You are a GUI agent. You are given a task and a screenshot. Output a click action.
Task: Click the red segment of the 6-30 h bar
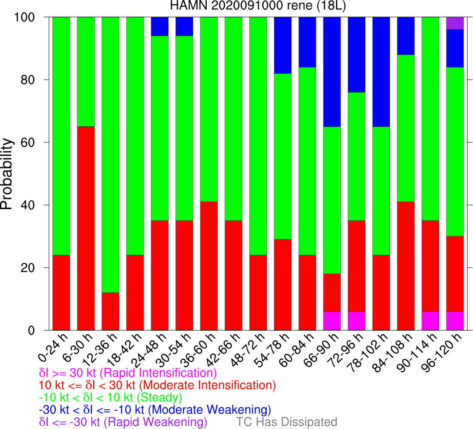pyautogui.click(x=86, y=228)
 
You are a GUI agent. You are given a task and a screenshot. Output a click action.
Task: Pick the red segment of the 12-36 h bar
pyautogui.click(x=111, y=311)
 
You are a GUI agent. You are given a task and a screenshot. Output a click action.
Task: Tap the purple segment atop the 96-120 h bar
pyautogui.click(x=455, y=23)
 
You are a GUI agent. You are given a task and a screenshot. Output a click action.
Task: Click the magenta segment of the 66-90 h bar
pyautogui.click(x=332, y=321)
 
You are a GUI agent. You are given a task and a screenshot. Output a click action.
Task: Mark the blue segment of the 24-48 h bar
pyautogui.click(x=160, y=26)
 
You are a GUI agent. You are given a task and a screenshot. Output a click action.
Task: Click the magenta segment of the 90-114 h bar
pyautogui.click(x=430, y=321)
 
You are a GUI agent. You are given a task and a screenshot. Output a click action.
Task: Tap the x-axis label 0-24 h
pyautogui.click(x=55, y=349)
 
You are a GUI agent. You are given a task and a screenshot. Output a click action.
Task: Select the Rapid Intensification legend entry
pyautogui.click(x=128, y=373)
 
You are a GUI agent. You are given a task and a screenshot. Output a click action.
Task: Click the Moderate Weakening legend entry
pyautogui.click(x=155, y=409)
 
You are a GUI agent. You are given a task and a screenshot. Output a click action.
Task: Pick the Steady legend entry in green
pyautogui.click(x=111, y=397)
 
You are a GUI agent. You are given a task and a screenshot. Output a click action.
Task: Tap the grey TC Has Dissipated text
pyautogui.click(x=286, y=422)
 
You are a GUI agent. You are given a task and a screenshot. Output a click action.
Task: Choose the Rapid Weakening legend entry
pyautogui.click(x=123, y=422)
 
